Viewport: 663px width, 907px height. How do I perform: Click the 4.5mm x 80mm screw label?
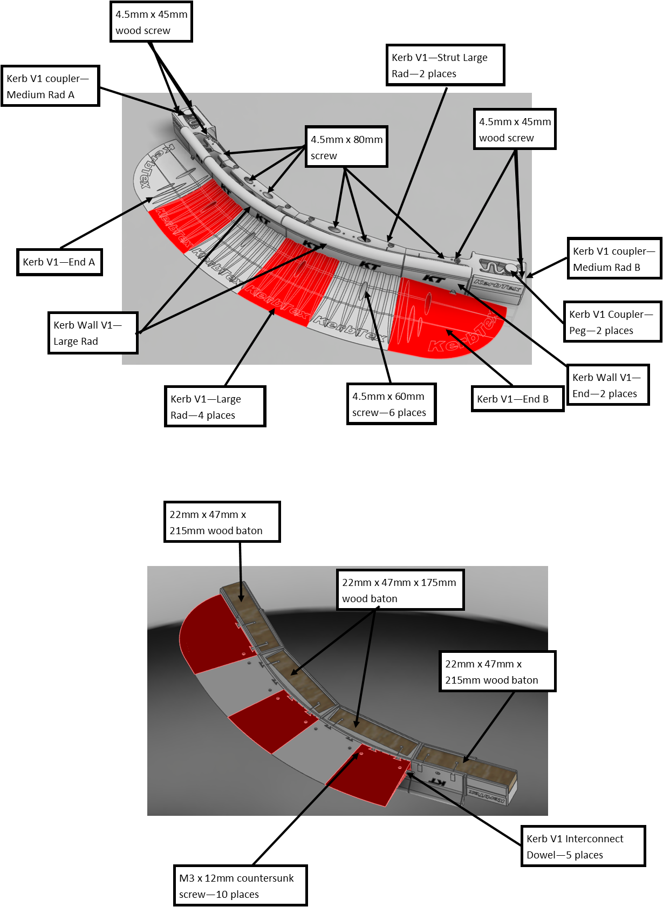coord(346,147)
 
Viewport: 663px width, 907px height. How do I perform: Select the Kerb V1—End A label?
coord(59,262)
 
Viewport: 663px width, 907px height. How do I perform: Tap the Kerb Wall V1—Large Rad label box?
coord(94,333)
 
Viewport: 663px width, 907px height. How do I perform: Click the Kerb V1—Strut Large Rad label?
coord(446,65)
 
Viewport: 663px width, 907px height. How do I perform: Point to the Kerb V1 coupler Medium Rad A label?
coord(50,86)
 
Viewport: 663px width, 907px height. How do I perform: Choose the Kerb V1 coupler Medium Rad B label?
coord(614,259)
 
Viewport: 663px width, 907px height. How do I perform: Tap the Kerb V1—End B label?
coord(517,399)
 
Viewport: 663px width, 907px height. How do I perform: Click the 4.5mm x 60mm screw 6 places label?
coord(391,404)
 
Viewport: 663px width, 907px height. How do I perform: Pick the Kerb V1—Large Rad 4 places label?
coord(215,407)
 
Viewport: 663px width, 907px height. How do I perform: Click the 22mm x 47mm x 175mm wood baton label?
coord(400,590)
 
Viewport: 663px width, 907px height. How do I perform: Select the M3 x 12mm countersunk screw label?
coord(241,885)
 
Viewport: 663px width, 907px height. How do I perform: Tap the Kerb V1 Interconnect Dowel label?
coord(583,847)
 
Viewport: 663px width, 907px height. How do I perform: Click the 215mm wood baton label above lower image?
coord(222,522)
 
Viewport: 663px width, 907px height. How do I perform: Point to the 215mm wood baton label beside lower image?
coord(496,672)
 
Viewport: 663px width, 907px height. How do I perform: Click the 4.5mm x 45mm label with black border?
coord(514,129)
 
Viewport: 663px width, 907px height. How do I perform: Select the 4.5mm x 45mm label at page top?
coord(151,22)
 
